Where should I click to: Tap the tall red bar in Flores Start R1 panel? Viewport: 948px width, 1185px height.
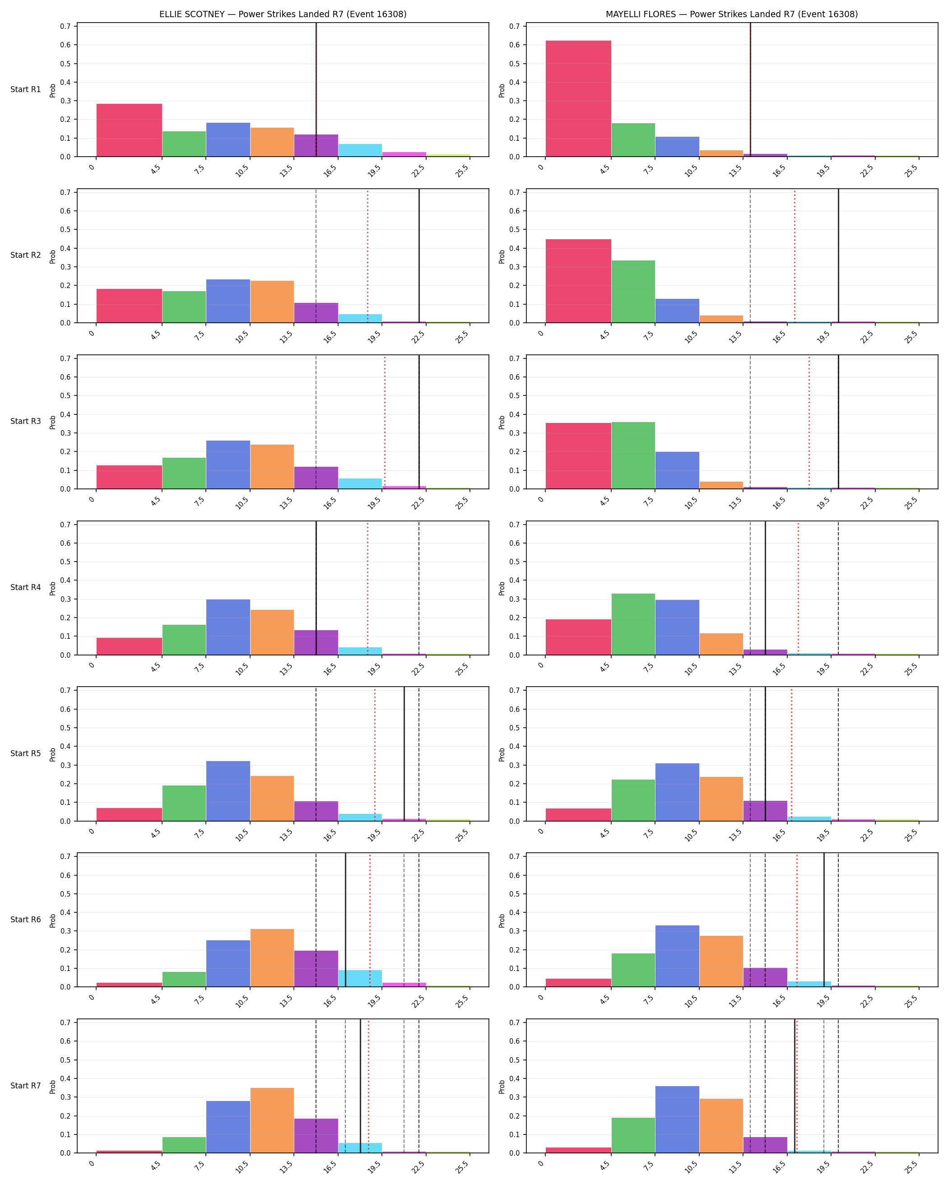(x=578, y=99)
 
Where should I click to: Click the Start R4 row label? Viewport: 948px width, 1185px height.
(x=25, y=588)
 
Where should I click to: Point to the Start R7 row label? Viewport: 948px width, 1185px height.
(x=25, y=1086)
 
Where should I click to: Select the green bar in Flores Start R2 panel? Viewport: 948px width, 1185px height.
(x=633, y=292)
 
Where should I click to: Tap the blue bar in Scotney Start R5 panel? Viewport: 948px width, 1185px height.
(x=228, y=791)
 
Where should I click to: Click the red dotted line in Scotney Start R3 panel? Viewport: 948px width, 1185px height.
(x=385, y=422)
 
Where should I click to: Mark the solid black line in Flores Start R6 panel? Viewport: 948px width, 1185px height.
(x=824, y=920)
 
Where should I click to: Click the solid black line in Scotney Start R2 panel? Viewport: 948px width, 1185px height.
(x=419, y=256)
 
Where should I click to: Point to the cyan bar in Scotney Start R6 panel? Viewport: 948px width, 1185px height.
(x=360, y=979)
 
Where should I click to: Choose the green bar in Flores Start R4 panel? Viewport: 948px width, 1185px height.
(x=633, y=624)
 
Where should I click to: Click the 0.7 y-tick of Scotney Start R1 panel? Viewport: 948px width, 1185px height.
(x=65, y=26)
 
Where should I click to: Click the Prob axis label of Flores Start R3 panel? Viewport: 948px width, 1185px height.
(x=501, y=422)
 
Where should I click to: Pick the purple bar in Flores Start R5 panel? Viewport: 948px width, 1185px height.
(x=765, y=811)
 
